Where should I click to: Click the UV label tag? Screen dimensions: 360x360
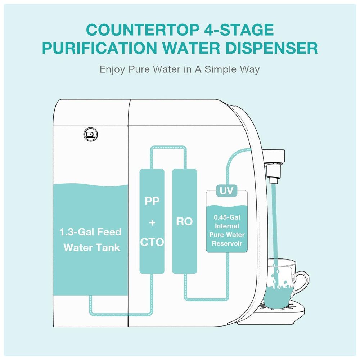[x=226, y=190]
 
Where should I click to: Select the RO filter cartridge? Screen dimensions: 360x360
[x=185, y=221]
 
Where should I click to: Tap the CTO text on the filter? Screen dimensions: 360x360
[x=152, y=242]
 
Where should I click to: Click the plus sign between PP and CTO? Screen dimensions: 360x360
[x=152, y=222]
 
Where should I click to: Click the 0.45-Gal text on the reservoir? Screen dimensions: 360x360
[x=227, y=217]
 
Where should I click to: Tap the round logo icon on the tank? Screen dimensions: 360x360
[x=91, y=134]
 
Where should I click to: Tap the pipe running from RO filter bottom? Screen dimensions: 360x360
[x=207, y=298]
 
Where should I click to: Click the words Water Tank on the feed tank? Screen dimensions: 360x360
[x=92, y=248]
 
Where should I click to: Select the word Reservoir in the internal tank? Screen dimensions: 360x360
[x=227, y=243]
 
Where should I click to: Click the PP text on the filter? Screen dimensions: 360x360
[x=152, y=201]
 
